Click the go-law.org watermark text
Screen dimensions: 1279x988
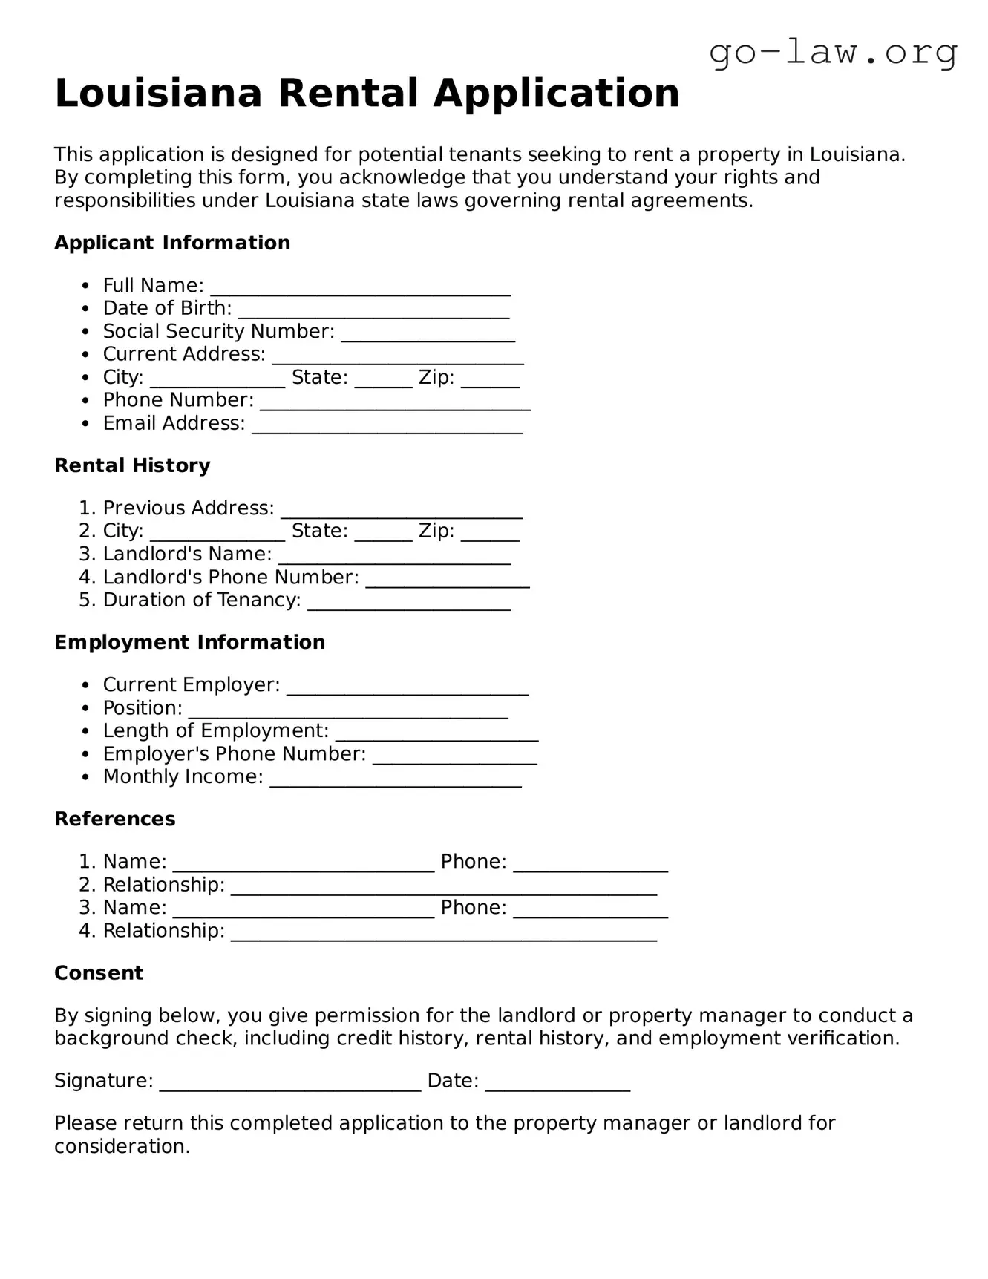pos(833,53)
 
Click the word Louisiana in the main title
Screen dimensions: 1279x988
pos(158,94)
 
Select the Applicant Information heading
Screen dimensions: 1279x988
pos(172,243)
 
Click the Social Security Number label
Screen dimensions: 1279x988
pos(218,331)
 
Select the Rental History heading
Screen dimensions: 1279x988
pos(132,465)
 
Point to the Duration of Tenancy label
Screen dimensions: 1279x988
pos(201,600)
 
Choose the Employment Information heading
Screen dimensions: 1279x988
pos(189,642)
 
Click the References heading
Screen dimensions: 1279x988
pos(115,819)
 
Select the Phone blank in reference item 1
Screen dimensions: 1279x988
pos(590,865)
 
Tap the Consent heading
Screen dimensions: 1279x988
pos(99,973)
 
